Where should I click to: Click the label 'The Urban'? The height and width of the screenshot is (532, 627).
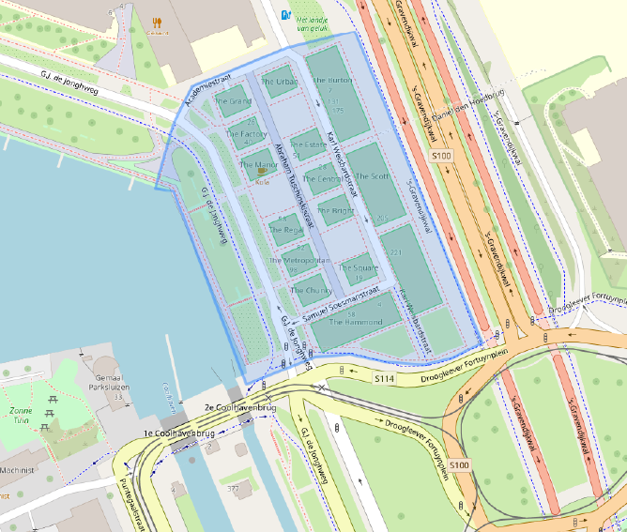(280, 82)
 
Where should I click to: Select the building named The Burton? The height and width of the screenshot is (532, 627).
(332, 81)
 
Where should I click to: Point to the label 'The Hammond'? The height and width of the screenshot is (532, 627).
(355, 322)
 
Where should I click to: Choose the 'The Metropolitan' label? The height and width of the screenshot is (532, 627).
(299, 260)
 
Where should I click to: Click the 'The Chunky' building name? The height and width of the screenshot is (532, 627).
(311, 291)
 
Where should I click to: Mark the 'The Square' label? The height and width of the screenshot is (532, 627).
(358, 268)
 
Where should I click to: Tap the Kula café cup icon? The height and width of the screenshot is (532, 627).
(260, 171)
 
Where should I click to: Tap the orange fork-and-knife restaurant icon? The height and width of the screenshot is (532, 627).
(157, 19)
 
